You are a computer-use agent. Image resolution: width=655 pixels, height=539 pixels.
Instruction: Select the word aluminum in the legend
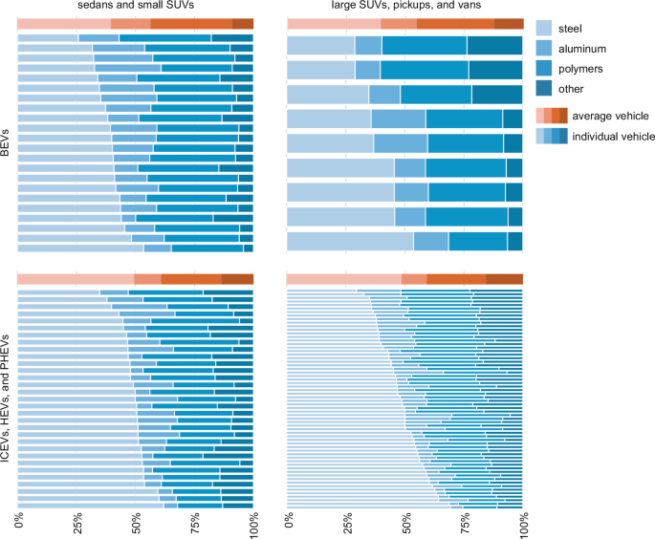coord(600,47)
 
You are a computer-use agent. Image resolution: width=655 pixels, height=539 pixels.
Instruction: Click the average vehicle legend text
coord(613,116)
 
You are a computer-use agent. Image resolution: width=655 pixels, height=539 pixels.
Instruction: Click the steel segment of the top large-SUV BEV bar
coord(320,45)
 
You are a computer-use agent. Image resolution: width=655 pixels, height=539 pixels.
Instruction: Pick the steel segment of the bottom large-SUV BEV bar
coord(350,241)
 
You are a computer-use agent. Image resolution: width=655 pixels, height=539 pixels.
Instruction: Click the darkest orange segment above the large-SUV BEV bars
coord(508,24)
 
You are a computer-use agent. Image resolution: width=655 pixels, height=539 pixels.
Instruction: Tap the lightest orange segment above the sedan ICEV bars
coord(76,278)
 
